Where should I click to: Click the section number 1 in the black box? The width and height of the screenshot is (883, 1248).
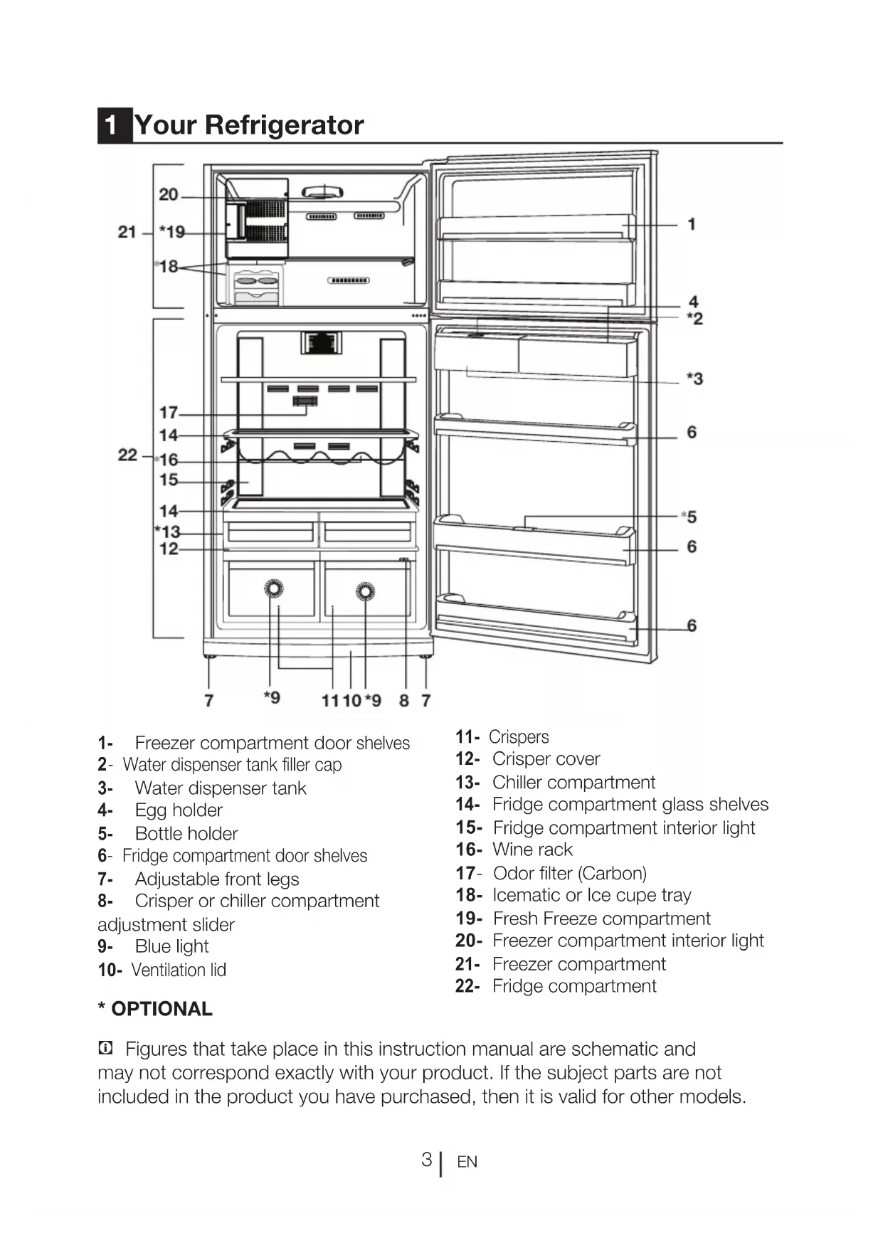coord(111,125)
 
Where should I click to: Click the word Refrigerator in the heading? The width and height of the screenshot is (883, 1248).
coord(284,125)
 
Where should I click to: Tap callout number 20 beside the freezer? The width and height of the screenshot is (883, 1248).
coord(169,194)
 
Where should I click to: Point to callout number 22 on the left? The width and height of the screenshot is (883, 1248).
coord(127,455)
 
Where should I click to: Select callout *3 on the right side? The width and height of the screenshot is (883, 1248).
coord(694,379)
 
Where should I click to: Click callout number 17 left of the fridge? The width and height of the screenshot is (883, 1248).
coord(169,413)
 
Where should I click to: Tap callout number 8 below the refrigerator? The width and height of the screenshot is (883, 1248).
coord(404,701)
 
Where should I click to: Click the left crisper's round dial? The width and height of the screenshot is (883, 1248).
coord(274,588)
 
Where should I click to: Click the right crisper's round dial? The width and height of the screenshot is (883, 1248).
coord(365,591)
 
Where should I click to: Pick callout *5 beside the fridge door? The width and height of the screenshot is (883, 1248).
coord(689,517)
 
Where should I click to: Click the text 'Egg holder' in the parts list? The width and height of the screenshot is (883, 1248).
coord(179,810)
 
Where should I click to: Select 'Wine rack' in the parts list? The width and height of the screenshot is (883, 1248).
coord(532,850)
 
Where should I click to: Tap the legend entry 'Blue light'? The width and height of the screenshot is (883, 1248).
coord(171,946)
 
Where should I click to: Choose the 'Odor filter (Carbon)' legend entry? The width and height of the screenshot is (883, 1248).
coord(569,873)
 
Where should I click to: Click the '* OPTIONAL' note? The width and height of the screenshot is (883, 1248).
coord(155,1009)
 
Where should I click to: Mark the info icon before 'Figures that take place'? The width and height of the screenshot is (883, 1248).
coord(105,1048)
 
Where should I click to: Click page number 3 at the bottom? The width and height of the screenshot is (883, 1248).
coord(426,1160)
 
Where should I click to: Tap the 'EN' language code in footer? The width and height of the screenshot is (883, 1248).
coord(467,1162)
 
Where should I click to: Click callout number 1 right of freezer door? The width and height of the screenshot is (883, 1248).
coord(692,224)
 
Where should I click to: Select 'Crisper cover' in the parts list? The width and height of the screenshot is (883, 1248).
coord(546,759)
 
